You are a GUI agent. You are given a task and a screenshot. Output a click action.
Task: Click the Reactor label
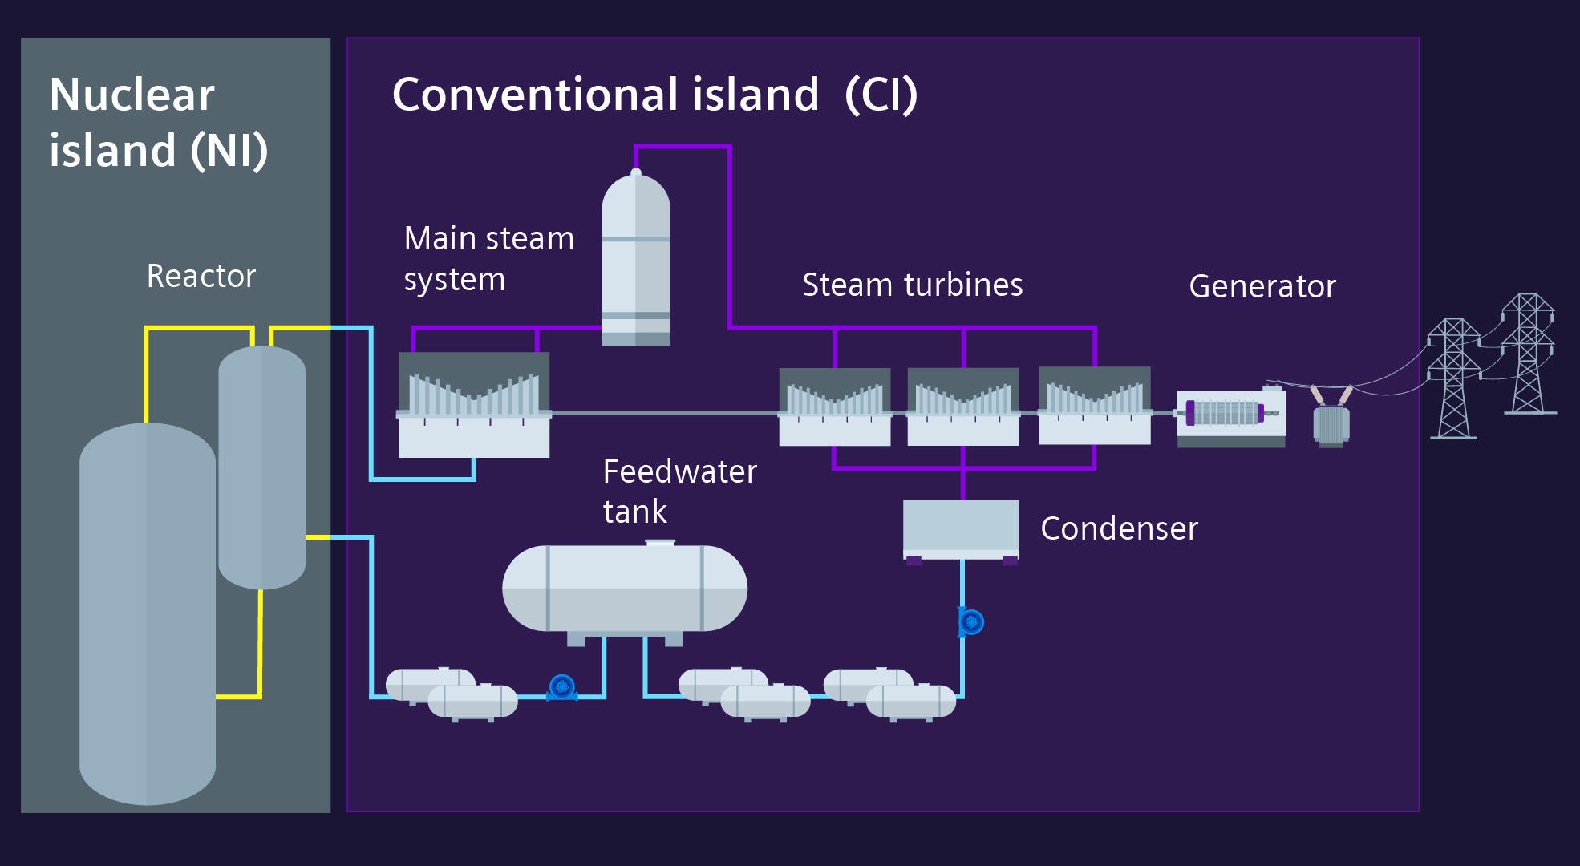tap(201, 277)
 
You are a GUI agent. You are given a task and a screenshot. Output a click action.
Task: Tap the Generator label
tap(1262, 286)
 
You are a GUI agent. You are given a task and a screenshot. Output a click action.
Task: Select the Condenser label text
tap(1118, 528)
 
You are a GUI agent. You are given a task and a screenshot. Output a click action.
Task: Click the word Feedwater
tap(679, 471)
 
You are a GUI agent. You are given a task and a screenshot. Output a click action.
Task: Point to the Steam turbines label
tap(912, 285)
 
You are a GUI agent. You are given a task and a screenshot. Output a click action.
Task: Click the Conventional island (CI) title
tap(654, 95)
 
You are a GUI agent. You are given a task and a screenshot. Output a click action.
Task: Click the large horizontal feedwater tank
tap(624, 589)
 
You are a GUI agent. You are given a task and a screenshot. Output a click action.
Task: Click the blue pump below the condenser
tap(970, 621)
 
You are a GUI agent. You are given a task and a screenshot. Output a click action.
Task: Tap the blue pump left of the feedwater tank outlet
tap(561, 687)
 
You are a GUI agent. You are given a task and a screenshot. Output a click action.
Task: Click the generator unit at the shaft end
tap(1230, 415)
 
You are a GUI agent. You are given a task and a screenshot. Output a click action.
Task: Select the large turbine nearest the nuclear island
tap(473, 405)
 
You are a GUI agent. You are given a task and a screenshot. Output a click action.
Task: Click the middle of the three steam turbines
tap(962, 407)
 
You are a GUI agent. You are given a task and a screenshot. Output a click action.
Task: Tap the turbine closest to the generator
tap(1094, 405)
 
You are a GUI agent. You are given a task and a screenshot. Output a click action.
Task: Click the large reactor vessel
tap(148, 613)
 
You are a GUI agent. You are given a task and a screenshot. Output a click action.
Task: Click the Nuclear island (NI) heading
tap(158, 122)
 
